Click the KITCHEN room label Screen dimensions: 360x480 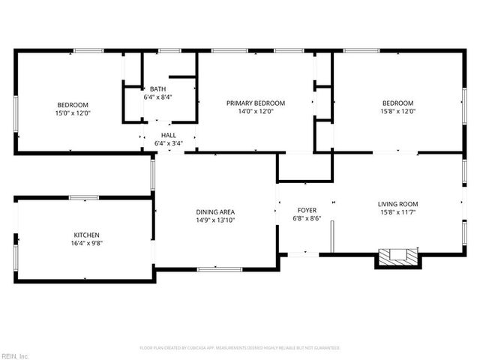tap(86, 235)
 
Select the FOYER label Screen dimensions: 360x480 tap(307, 210)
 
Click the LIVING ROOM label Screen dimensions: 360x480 tap(397, 204)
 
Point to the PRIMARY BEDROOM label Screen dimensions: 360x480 tap(256, 103)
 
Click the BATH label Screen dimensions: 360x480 tap(157, 89)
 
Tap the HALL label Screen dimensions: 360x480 tap(168, 135)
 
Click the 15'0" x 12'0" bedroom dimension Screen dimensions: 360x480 tap(73, 112)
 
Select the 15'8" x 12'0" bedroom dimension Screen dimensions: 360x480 tap(397, 112)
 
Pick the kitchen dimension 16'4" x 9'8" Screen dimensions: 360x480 tap(86, 244)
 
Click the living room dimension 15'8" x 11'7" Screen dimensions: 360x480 tap(397, 212)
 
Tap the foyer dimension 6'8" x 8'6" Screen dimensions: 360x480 tap(307, 219)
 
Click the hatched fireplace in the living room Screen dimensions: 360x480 tap(394, 256)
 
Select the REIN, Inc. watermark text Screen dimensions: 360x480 tap(15, 355)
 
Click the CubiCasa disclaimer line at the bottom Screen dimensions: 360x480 tap(240, 348)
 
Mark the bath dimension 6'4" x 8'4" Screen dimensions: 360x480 tap(158, 97)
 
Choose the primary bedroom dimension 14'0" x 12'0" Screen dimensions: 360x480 tap(256, 112)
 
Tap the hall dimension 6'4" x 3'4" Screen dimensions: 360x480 tap(168, 143)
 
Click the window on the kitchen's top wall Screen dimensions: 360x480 tap(83, 197)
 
